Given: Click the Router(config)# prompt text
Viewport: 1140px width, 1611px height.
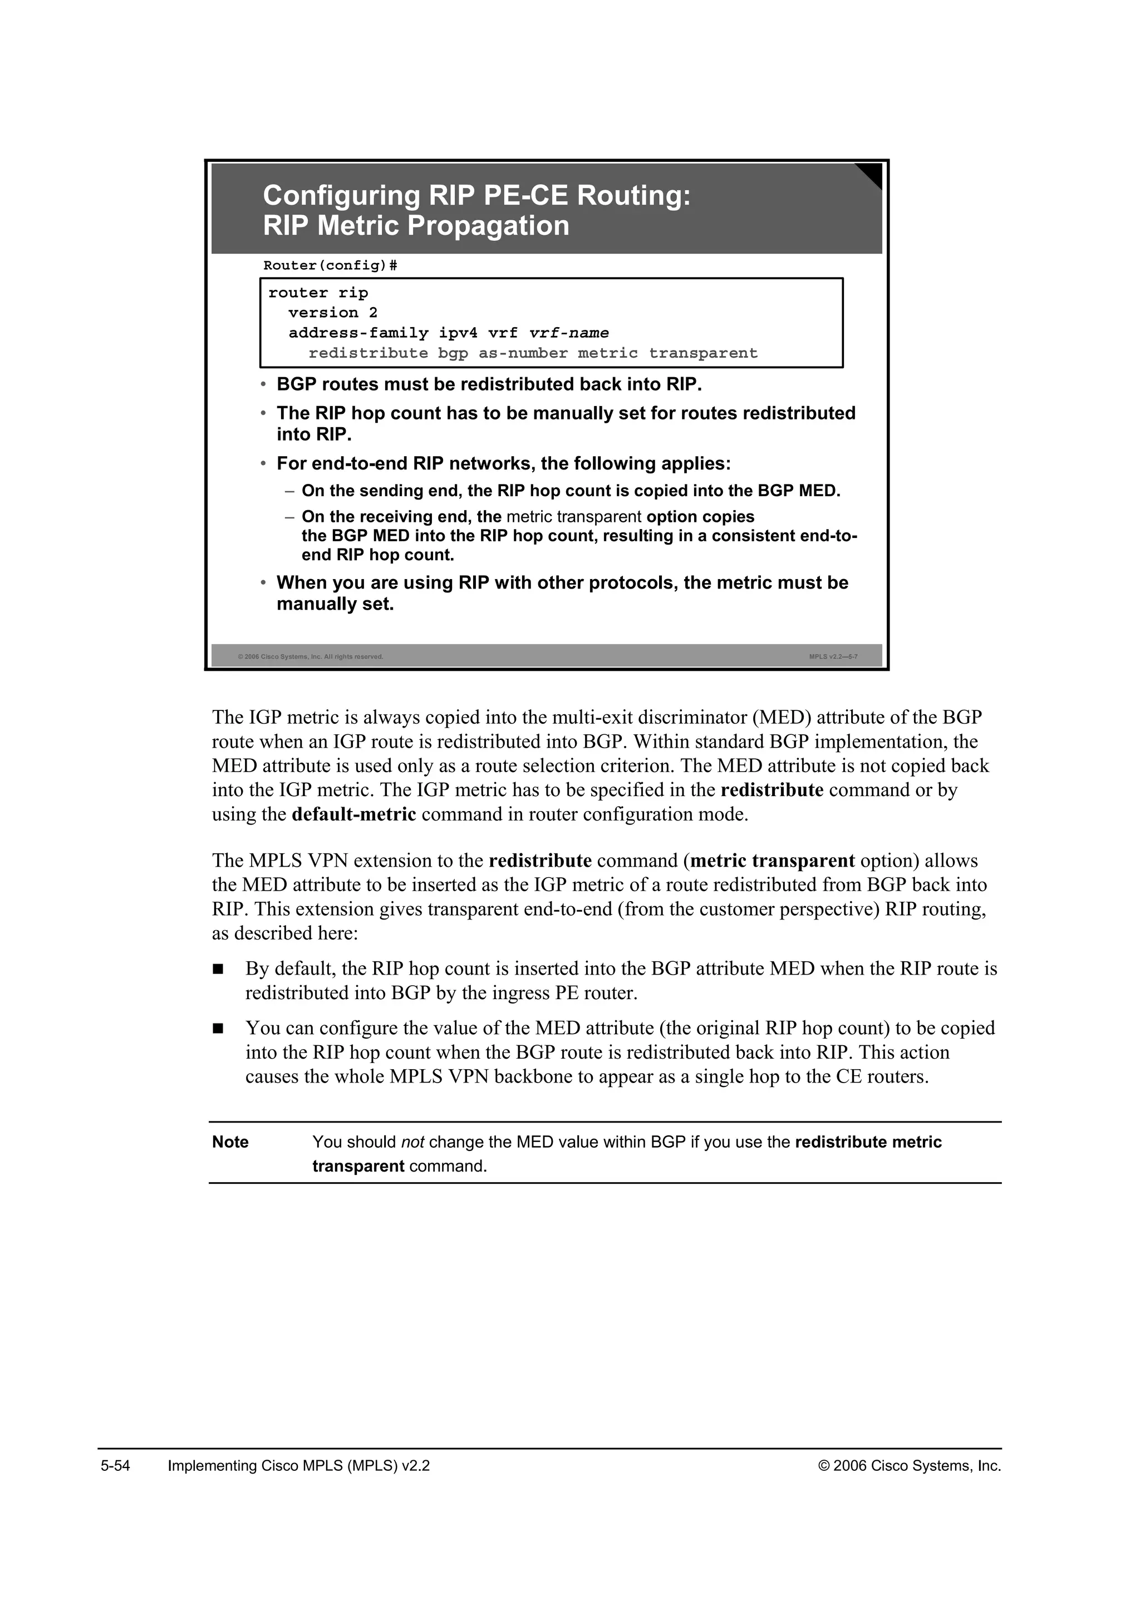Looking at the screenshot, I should point(330,265).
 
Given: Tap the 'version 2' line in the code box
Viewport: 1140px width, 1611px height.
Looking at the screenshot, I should point(333,313).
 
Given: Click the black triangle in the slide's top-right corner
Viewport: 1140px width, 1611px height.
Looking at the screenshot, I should point(871,175).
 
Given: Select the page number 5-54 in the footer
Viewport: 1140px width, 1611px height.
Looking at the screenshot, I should point(116,1466).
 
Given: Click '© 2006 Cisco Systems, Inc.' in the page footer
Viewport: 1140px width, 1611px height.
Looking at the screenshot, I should point(910,1466).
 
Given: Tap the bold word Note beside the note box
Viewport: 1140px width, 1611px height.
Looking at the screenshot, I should point(230,1141).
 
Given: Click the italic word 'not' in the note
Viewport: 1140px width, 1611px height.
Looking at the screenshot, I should point(412,1141).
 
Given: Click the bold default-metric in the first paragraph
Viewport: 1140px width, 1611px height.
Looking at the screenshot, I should point(354,814).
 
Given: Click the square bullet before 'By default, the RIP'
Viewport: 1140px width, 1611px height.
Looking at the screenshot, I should point(218,970).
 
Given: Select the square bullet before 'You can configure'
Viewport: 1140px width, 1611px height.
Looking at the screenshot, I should point(218,1029).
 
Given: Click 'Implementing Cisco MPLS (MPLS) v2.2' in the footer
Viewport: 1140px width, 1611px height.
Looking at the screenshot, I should point(298,1466).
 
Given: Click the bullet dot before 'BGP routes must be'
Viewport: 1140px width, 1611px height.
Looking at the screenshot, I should point(263,385).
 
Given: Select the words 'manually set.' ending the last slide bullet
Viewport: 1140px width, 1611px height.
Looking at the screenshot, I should point(335,604).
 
